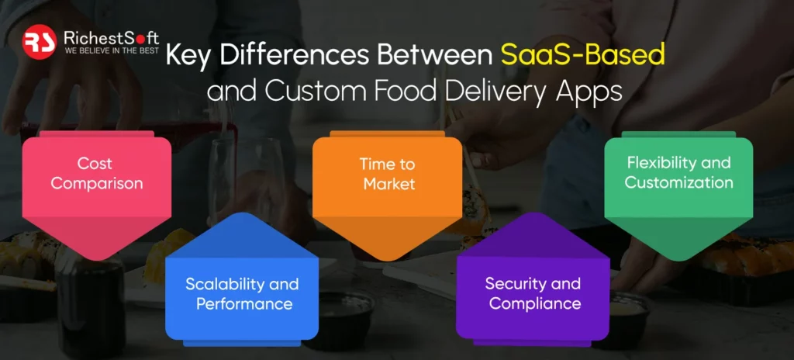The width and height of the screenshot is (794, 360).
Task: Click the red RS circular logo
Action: [x=40, y=42]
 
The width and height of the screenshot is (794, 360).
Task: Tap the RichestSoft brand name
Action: [x=112, y=37]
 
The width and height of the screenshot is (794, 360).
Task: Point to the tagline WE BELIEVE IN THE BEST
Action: [x=112, y=50]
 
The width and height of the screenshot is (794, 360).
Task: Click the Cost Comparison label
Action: [x=96, y=173]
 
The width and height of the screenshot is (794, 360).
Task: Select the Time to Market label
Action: [x=388, y=174]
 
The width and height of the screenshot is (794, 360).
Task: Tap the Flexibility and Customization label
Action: [x=678, y=172]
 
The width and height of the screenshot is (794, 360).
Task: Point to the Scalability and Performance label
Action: [x=242, y=293]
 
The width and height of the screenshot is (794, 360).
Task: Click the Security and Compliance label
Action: [x=533, y=293]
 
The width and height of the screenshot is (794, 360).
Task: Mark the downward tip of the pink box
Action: [x=96, y=261]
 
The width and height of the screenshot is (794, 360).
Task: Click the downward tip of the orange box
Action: [x=388, y=261]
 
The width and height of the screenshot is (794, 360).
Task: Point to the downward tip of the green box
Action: [x=678, y=261]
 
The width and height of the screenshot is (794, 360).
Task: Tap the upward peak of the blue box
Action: [x=242, y=213]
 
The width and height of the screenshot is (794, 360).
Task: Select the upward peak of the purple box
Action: [x=533, y=213]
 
